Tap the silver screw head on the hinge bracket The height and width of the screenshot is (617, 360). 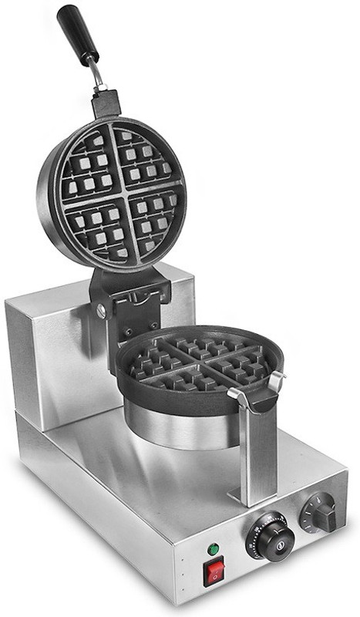click(101, 311)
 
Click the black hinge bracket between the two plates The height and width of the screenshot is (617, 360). click(131, 297)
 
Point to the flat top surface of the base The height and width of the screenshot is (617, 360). click(154, 478)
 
